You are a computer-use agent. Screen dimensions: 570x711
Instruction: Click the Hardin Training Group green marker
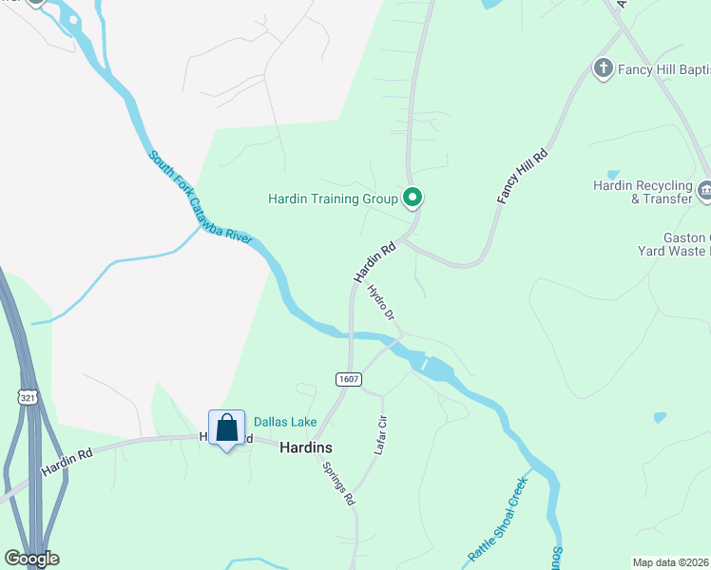(x=413, y=198)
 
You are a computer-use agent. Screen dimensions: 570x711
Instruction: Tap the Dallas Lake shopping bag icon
(x=226, y=428)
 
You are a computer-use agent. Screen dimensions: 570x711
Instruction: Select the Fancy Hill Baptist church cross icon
(x=602, y=68)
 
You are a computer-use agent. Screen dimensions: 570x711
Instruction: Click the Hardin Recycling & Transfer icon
(x=704, y=191)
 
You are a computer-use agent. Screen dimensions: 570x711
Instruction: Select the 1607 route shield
(x=349, y=379)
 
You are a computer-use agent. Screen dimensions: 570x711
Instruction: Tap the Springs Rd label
(x=337, y=484)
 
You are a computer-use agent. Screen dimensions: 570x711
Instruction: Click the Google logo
(x=31, y=558)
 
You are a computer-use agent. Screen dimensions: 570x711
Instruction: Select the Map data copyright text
(x=671, y=562)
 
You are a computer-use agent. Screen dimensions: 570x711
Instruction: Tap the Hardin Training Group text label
(x=332, y=199)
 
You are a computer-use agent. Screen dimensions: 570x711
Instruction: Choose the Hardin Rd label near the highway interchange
(x=67, y=463)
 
